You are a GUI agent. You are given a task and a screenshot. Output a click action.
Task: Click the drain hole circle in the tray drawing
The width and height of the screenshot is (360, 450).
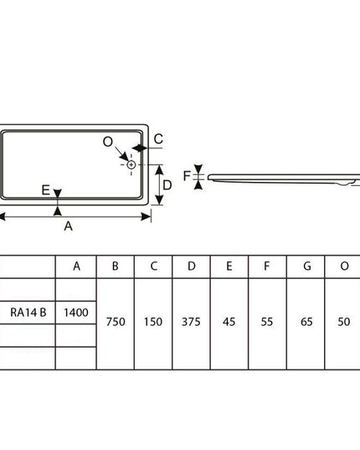click(131, 165)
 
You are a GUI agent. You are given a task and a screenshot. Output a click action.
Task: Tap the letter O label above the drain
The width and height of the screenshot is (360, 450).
click(108, 142)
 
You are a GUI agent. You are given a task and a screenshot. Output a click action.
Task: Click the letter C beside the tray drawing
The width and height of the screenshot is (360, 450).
click(158, 139)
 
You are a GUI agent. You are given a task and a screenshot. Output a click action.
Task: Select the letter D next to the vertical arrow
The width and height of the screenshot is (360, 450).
click(167, 185)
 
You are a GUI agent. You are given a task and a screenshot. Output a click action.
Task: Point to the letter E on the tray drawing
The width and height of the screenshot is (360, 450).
click(46, 190)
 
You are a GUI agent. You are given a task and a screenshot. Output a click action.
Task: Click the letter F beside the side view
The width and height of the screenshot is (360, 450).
click(187, 176)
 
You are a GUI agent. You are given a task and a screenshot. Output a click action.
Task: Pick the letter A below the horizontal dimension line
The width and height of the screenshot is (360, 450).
click(68, 226)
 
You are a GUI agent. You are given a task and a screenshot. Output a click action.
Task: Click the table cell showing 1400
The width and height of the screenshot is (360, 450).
click(76, 313)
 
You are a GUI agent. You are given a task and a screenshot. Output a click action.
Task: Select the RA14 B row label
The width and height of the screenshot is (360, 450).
click(28, 313)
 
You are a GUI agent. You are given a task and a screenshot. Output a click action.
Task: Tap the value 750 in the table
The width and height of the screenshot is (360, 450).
click(116, 322)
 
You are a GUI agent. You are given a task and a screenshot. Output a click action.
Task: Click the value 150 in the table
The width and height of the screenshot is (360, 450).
click(153, 322)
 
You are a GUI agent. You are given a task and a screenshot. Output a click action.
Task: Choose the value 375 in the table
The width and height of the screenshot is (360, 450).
click(191, 322)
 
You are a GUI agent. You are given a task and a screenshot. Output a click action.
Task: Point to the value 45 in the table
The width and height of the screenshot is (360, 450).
click(229, 322)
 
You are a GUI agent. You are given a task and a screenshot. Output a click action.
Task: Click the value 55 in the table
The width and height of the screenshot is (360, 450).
click(267, 322)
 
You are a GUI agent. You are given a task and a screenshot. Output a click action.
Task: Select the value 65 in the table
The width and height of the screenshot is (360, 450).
click(306, 322)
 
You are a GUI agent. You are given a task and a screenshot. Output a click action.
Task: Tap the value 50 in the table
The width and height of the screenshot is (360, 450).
click(343, 322)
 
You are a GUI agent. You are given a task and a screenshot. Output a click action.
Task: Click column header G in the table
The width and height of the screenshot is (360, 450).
click(307, 266)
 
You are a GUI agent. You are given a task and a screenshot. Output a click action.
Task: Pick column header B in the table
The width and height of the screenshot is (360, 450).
click(116, 266)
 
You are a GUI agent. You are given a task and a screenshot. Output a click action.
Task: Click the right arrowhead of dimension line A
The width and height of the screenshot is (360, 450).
click(147, 217)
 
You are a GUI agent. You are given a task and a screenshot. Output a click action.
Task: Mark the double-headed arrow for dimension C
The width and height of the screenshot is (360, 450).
click(139, 148)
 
